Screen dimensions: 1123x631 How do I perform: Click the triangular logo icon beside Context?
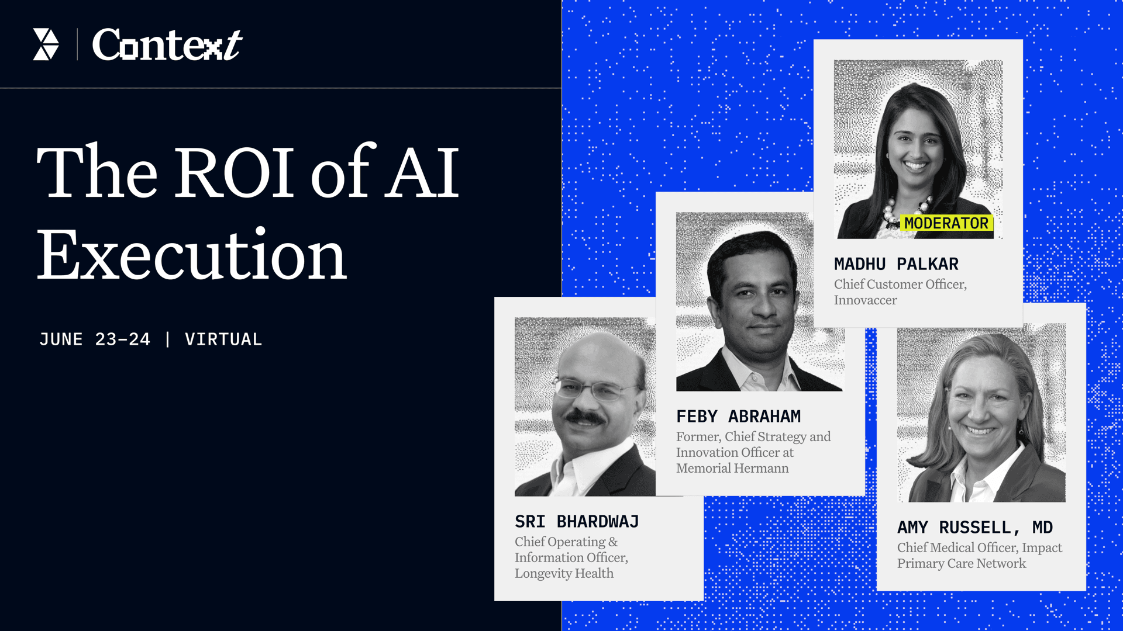pos(46,44)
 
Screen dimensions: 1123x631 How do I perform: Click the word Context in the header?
pos(167,44)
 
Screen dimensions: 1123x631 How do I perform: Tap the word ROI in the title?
pos(235,172)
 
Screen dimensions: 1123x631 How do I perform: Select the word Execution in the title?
pos(192,255)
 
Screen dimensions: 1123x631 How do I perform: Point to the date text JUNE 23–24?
pos(95,339)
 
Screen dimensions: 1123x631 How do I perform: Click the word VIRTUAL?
pos(223,339)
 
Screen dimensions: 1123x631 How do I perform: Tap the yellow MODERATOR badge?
pos(946,223)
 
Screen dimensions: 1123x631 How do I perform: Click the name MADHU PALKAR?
pos(896,264)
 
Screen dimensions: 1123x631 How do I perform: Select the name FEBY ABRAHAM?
pos(738,417)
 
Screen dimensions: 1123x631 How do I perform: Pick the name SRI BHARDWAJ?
pos(577,522)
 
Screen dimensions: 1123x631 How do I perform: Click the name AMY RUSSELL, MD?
pos(975,528)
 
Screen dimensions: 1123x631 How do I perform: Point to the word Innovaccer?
pos(865,300)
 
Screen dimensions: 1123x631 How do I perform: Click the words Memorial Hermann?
pos(732,469)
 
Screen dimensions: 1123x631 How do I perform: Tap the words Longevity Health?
pos(564,574)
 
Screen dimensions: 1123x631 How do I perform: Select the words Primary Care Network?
pos(962,564)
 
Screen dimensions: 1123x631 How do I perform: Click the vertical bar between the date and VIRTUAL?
pos(168,339)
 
